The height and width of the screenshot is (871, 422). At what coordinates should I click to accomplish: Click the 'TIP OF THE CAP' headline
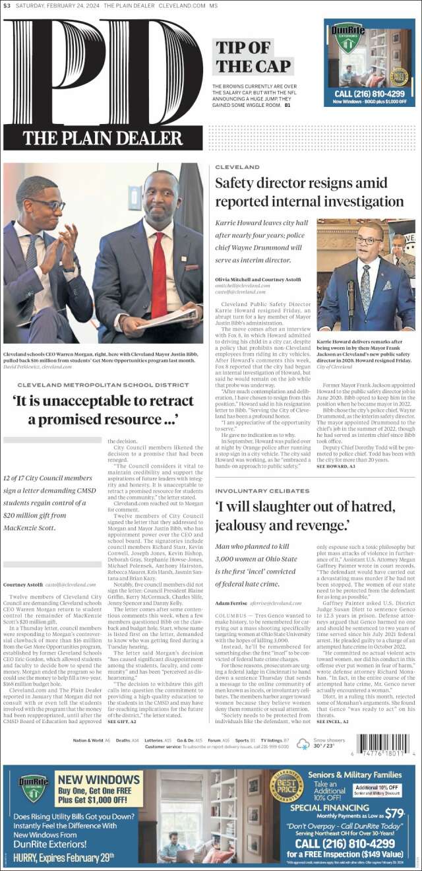pyautogui.click(x=253, y=57)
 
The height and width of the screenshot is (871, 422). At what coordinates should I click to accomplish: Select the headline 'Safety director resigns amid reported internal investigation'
pyautogui.click(x=309, y=192)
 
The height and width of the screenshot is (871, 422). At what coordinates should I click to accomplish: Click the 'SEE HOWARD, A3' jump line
pyautogui.click(x=336, y=466)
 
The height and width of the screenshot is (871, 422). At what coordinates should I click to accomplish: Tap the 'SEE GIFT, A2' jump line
pyautogui.click(x=122, y=721)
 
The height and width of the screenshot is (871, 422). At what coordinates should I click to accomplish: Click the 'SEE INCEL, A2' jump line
pyautogui.click(x=333, y=722)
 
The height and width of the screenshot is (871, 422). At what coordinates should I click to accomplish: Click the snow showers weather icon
pyautogui.click(x=303, y=744)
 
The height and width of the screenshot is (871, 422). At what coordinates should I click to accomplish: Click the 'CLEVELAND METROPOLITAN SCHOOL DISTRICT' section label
pyautogui.click(x=103, y=385)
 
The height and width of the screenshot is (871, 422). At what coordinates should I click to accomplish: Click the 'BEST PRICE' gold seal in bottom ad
pyautogui.click(x=287, y=786)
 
